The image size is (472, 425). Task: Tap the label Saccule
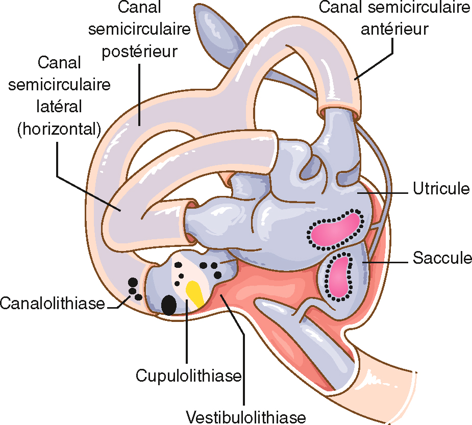[x=442, y=258]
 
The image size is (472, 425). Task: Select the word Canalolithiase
[x=52, y=304]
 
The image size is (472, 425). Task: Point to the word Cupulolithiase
[x=188, y=376]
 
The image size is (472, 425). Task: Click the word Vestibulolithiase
[x=246, y=416]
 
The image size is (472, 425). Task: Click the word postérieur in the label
[x=139, y=52]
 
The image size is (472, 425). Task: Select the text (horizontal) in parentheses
[x=59, y=129]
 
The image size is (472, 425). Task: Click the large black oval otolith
[x=169, y=305]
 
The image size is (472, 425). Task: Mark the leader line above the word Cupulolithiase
[x=187, y=337]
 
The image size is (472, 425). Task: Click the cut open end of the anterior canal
[x=339, y=107]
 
